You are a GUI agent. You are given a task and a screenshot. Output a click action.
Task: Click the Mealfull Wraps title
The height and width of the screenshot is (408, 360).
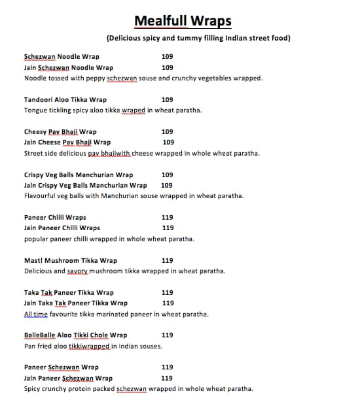tap(183, 21)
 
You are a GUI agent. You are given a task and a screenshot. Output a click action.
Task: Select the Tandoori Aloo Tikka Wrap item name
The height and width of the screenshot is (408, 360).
tap(65, 99)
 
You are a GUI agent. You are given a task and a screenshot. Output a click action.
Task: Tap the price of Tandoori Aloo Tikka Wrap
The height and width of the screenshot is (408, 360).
tap(167, 99)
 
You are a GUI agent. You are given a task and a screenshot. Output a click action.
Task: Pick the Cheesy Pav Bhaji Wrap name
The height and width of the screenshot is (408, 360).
tap(60, 131)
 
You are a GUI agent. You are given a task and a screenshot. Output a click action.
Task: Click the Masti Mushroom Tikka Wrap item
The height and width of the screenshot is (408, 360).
tap(71, 260)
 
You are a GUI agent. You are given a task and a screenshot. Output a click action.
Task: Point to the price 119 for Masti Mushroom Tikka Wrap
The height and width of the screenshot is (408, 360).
tap(167, 260)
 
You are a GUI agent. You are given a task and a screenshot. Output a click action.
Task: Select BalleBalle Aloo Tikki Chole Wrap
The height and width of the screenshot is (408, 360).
tap(75, 335)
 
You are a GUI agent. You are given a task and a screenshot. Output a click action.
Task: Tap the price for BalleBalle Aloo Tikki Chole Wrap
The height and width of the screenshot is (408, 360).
tap(167, 335)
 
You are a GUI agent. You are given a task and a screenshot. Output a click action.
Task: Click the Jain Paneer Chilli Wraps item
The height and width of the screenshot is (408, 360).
tap(62, 228)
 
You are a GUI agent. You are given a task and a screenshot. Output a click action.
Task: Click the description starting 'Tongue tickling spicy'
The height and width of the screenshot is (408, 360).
tap(113, 110)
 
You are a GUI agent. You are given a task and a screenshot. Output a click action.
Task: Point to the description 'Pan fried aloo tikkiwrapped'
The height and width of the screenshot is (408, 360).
tap(93, 346)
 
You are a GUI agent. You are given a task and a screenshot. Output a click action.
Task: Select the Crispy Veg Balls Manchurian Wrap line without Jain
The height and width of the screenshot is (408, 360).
tap(79, 175)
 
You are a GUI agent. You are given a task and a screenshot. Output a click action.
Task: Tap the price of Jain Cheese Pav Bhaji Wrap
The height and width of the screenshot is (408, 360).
tap(168, 142)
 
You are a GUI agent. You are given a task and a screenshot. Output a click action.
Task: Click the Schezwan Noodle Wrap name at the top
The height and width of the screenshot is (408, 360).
tap(62, 57)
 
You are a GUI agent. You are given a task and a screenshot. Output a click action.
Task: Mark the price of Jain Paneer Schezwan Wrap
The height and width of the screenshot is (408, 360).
tap(167, 378)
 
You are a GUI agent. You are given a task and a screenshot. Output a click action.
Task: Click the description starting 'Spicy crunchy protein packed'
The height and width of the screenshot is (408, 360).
tap(138, 388)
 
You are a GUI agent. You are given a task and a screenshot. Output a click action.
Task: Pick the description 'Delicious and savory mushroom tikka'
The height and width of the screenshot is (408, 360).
tap(124, 271)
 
